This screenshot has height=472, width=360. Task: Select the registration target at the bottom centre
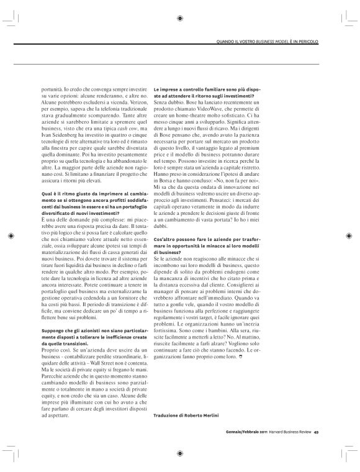(x=179, y=453)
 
